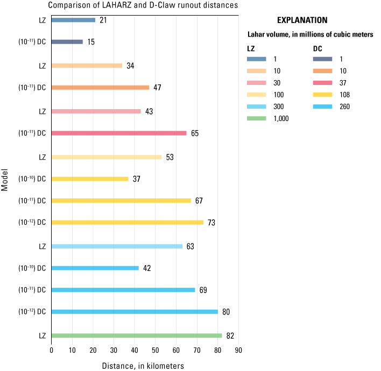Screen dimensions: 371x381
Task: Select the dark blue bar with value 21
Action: (73, 20)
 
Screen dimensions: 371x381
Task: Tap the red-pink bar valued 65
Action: (119, 133)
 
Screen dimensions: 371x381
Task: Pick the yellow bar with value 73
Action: (127, 222)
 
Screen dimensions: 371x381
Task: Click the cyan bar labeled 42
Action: (95, 268)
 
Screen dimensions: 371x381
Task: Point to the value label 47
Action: (157, 88)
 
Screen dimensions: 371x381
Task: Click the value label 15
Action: (91, 42)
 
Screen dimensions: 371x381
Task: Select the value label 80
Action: (226, 312)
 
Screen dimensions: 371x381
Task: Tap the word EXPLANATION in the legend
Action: (302, 20)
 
